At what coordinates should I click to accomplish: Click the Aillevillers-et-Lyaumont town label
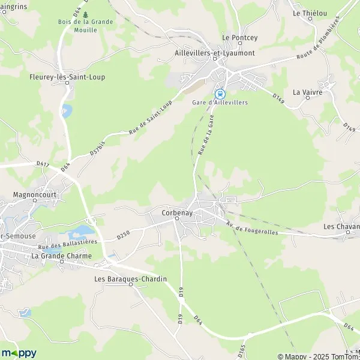[214, 53]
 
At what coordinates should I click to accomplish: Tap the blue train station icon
[220, 94]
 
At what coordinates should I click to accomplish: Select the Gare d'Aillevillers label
[220, 103]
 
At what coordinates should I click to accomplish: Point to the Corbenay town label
[176, 212]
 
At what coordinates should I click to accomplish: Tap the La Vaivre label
[307, 92]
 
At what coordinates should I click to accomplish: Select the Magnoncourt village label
[34, 196]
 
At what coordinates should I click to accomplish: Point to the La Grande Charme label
[62, 256]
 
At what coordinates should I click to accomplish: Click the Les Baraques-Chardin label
[130, 279]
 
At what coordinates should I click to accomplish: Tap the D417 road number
[42, 163]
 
